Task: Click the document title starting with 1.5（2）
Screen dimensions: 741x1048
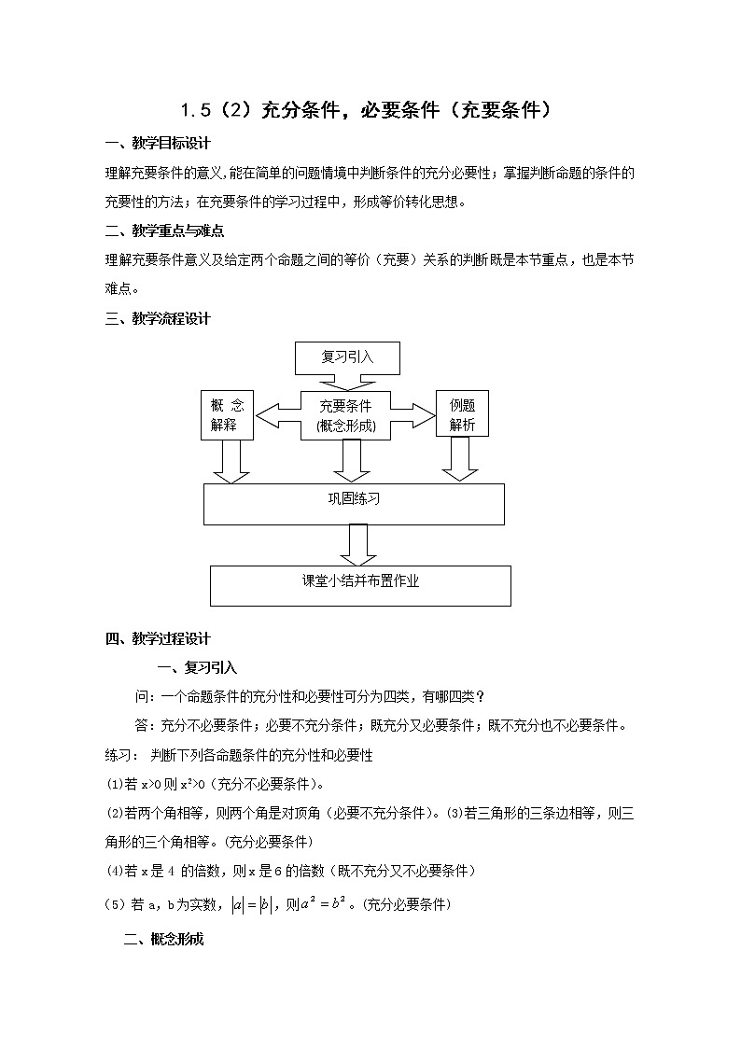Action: tap(370, 110)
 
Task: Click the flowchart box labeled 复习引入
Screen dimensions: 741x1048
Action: tap(347, 356)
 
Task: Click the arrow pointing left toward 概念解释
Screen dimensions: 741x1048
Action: tap(276, 412)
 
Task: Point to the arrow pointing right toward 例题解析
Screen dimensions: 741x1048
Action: tap(415, 412)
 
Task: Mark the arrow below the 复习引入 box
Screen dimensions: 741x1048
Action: tap(347, 382)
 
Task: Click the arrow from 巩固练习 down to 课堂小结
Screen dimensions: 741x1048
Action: tap(359, 544)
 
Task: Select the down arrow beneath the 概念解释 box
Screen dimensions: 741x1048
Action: tap(230, 461)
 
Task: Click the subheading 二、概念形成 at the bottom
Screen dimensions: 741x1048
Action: tap(163, 940)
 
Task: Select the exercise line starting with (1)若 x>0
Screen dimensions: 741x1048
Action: tap(214, 783)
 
